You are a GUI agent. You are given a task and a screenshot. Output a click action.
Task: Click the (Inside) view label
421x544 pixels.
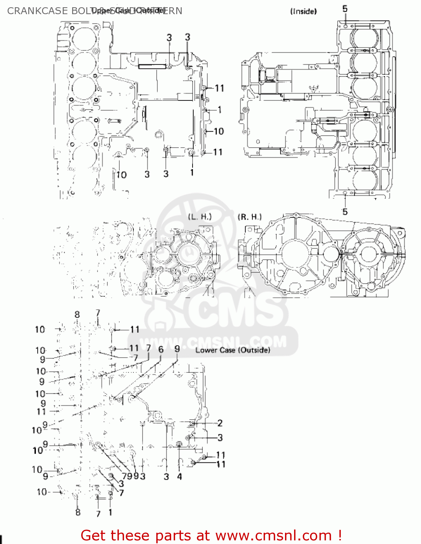point(303,12)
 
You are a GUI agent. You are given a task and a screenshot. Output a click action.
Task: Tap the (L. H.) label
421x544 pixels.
point(199,217)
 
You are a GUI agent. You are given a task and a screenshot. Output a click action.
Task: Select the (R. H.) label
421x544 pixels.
point(249,217)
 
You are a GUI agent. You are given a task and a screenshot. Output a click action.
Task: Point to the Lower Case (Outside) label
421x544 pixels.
point(232,350)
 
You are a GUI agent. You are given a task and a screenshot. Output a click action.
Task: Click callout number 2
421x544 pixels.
point(220,423)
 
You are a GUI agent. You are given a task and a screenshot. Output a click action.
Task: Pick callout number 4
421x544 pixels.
point(179,477)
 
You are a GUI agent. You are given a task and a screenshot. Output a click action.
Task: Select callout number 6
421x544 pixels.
point(161,349)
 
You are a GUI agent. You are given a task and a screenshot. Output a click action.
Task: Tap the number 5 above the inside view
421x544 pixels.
point(345,9)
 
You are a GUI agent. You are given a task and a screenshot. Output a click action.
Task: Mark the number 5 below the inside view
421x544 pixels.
point(345,211)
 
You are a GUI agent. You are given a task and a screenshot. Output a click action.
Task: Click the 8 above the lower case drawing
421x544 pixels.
point(77,314)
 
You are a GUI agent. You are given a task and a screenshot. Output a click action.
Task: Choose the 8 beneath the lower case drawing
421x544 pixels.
point(78,512)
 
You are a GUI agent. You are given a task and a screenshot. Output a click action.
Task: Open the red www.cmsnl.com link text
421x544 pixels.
point(273,536)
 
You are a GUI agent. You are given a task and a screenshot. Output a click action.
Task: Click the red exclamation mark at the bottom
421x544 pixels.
point(339,535)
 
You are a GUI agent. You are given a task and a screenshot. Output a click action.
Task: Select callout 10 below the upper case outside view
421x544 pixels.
point(121,175)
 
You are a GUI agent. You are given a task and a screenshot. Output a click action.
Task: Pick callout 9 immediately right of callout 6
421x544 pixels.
point(177,349)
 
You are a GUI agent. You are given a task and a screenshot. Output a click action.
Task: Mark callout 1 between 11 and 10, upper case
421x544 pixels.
point(219,110)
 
